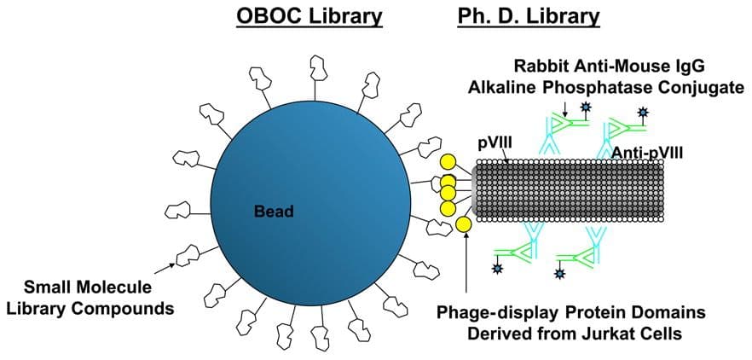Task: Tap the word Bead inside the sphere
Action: coord(274,212)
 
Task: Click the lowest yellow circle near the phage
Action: coord(463,224)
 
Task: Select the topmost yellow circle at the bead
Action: coord(448,163)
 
